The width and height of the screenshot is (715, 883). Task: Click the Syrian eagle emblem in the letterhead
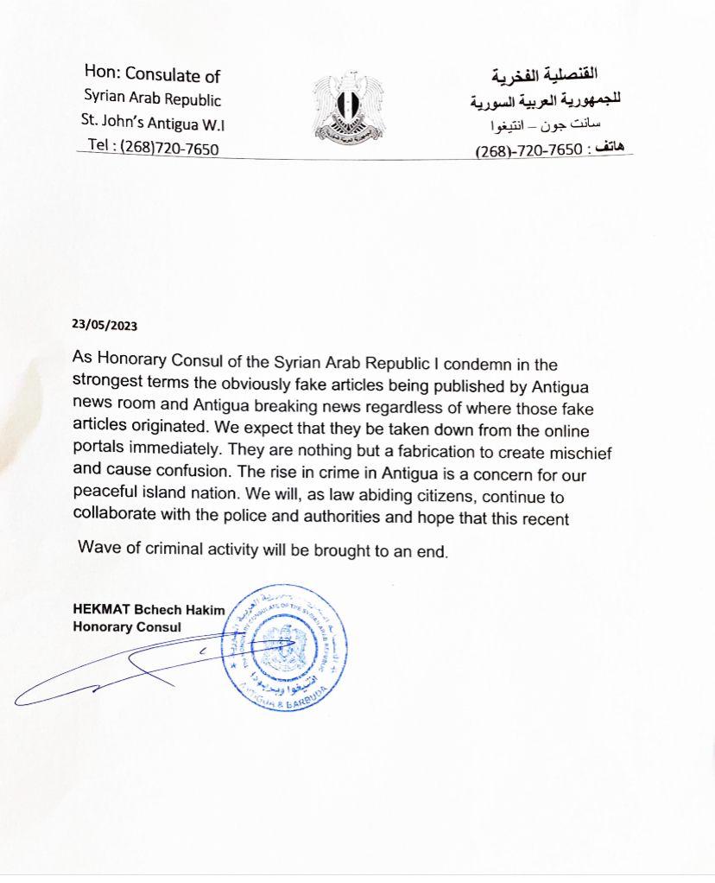[x=348, y=107]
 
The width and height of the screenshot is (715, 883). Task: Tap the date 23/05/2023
[x=104, y=327]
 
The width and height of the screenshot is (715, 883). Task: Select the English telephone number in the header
[x=154, y=148]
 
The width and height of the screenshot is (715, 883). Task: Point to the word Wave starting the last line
[x=96, y=550]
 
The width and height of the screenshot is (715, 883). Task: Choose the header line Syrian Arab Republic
[x=152, y=99]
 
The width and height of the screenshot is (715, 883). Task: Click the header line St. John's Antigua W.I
[x=153, y=124]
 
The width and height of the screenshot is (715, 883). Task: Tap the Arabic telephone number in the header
[x=528, y=150]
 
